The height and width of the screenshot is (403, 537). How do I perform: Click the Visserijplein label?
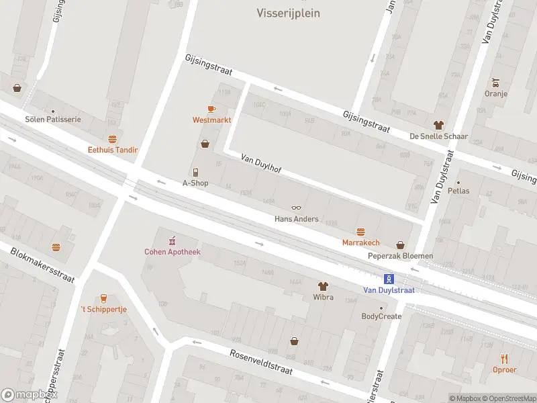pyautogui.click(x=288, y=13)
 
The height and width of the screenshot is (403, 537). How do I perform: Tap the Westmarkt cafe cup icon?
pyautogui.click(x=211, y=109)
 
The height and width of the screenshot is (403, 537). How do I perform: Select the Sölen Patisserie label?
pyautogui.click(x=53, y=119)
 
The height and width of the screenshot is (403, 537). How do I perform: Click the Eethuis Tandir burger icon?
pyautogui.click(x=112, y=140)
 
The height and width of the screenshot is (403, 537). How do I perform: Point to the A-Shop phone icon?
pyautogui.click(x=195, y=173)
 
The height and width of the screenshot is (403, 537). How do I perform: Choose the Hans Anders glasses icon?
pyautogui.click(x=296, y=208)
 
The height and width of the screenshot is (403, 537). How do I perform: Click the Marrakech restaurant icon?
pyautogui.click(x=360, y=232)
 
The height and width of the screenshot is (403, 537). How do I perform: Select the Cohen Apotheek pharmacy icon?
pyautogui.click(x=173, y=240)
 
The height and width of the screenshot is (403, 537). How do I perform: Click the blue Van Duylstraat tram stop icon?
pyautogui.click(x=389, y=279)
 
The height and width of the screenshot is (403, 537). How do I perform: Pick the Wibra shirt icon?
pyautogui.click(x=323, y=286)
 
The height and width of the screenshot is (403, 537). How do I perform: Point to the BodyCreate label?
pyautogui.click(x=381, y=316)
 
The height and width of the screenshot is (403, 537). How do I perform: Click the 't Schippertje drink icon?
pyautogui.click(x=103, y=298)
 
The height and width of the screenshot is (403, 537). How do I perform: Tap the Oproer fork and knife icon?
pyautogui.click(x=505, y=359)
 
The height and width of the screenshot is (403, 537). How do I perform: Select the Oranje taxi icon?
pyautogui.click(x=495, y=83)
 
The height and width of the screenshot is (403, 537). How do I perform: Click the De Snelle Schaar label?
pyautogui.click(x=438, y=136)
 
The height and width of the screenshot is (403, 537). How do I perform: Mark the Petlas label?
pyautogui.click(x=460, y=191)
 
